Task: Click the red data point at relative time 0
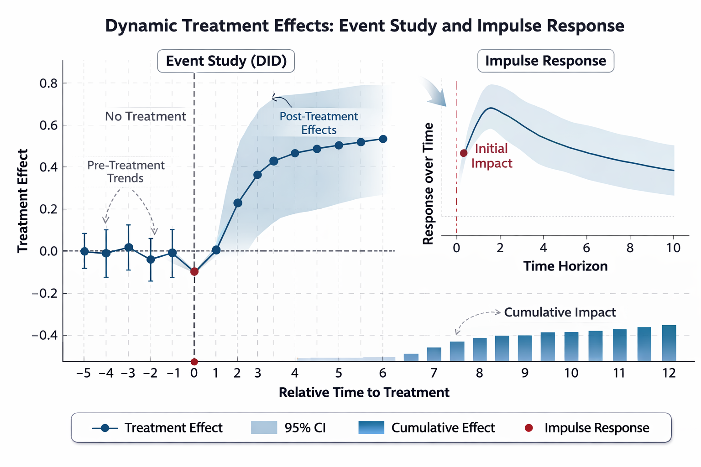194,271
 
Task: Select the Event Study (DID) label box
226,61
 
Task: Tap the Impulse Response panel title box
545,61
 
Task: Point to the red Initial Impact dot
464,153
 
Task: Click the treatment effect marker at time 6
383,139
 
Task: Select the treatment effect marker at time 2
238,203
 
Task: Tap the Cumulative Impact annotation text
560,312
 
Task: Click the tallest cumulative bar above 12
669,343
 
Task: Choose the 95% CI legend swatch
264,428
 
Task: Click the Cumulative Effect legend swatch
371,428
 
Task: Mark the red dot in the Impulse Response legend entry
528,428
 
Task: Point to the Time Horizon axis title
565,266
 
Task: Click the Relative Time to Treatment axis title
364,393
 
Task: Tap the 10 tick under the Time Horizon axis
673,248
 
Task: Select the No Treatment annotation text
145,117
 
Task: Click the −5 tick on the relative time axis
83,374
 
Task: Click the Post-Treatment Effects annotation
319,123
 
